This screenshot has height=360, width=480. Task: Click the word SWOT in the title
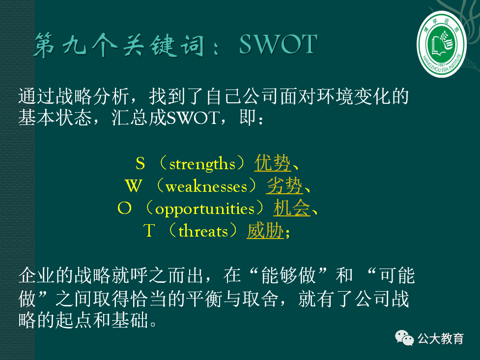coord(278,45)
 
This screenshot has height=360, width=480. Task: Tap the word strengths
coord(202,163)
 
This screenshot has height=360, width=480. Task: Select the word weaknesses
coord(206,186)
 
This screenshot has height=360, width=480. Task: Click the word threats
coord(203,231)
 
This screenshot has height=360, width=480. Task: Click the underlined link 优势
coord(273,163)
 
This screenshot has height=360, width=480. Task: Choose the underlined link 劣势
coord(285,186)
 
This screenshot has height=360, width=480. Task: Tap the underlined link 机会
coord(292,209)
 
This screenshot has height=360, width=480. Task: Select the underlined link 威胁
coord(265,231)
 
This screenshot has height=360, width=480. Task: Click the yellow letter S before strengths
coord(141,163)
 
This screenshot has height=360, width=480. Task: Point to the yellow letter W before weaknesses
coord(133,186)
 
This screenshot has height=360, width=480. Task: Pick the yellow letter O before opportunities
coord(125,209)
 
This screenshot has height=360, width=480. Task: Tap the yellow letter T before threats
coord(149,231)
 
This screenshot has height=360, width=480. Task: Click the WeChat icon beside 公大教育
coord(405,338)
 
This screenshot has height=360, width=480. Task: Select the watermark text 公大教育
coord(441,338)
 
